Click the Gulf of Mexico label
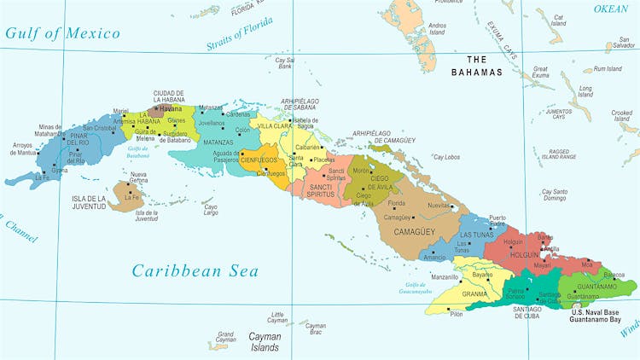click(x=61, y=34)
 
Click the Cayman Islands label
click(x=265, y=342)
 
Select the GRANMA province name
click(x=474, y=293)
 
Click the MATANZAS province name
click(x=219, y=142)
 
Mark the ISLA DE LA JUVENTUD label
click(x=89, y=202)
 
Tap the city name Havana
click(x=172, y=109)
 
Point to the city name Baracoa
click(x=614, y=275)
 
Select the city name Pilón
click(x=457, y=314)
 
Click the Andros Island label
click(x=437, y=30)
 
